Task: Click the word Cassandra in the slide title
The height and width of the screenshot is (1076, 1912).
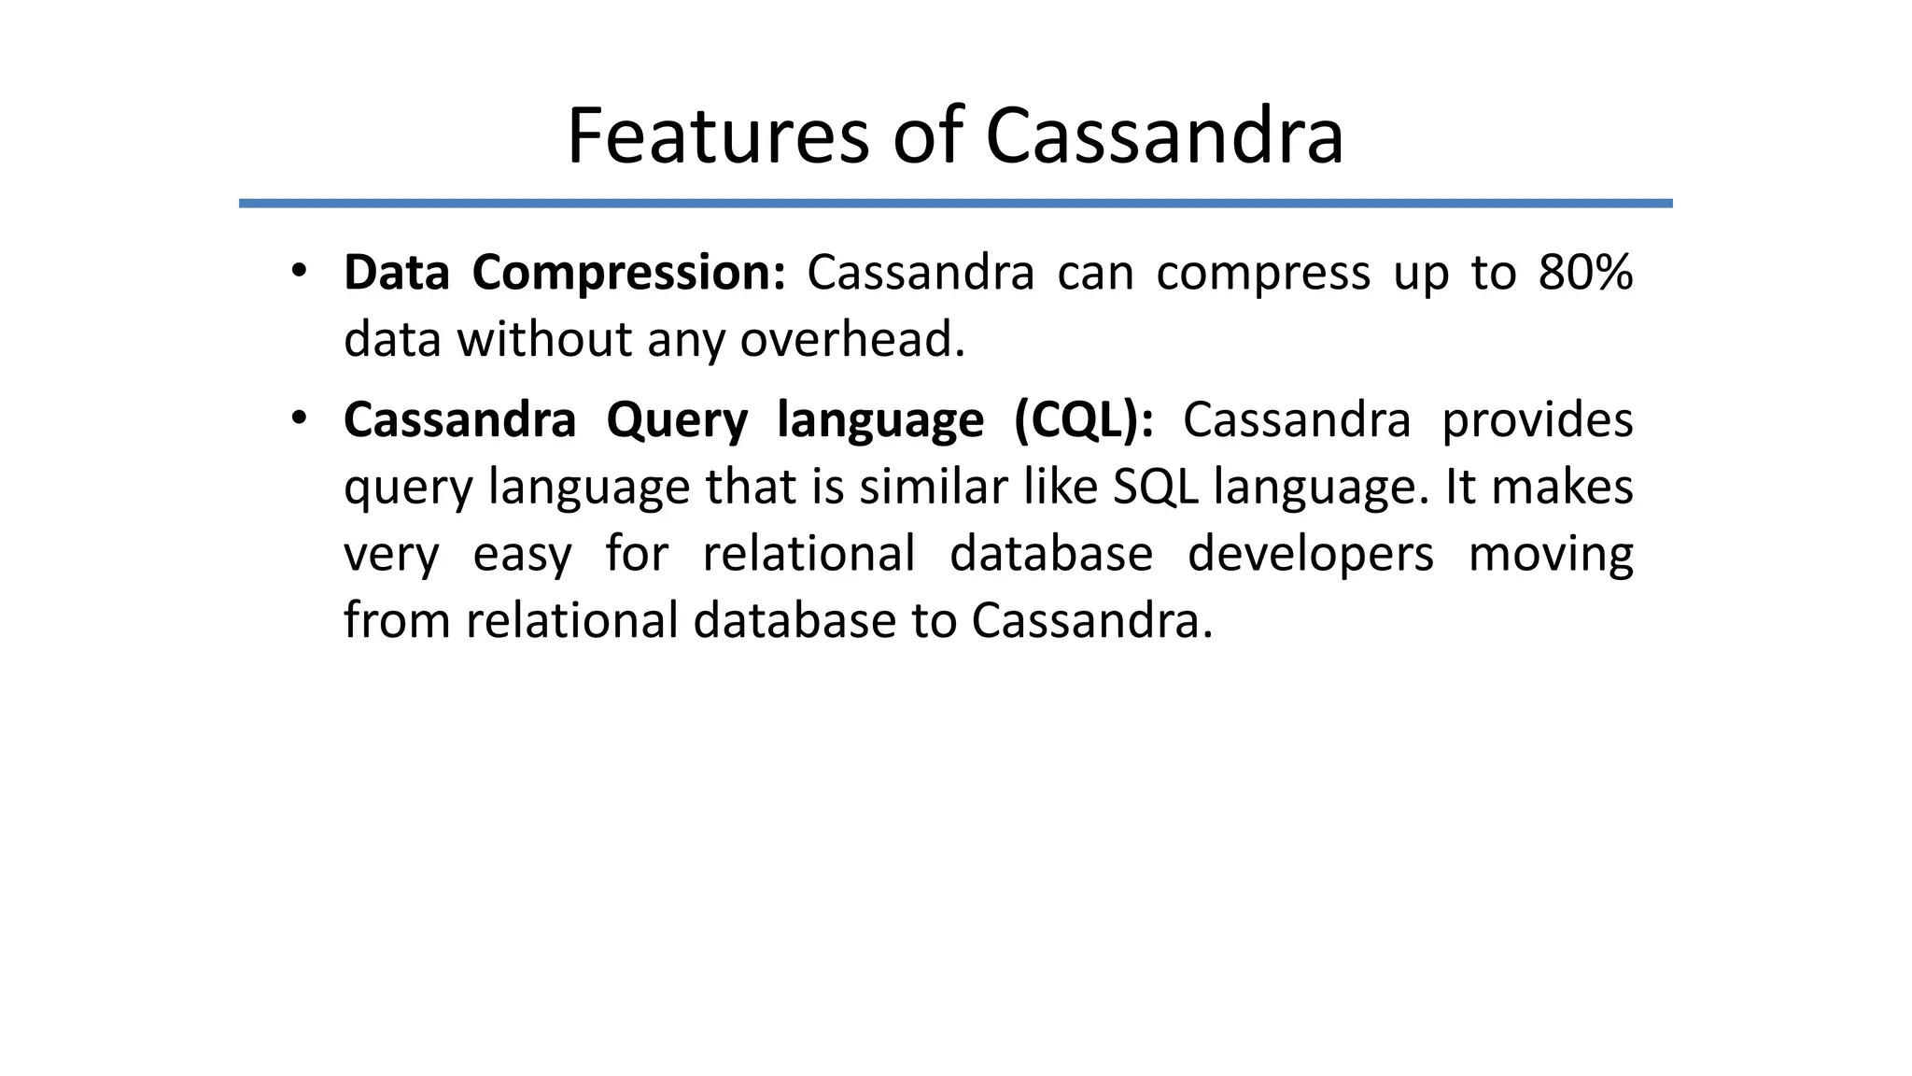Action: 1164,136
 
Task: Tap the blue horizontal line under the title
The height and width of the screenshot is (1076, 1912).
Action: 955,203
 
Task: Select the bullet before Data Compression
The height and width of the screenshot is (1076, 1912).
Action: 298,272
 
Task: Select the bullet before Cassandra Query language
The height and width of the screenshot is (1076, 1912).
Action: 298,418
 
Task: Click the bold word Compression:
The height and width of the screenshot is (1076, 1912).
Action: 629,274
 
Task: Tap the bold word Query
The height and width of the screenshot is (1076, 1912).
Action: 677,420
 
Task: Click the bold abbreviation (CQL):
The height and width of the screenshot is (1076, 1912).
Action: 1084,420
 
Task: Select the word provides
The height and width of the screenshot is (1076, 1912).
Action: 1537,420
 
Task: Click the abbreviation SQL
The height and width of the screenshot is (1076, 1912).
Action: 1155,487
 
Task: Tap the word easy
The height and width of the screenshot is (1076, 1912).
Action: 522,555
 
